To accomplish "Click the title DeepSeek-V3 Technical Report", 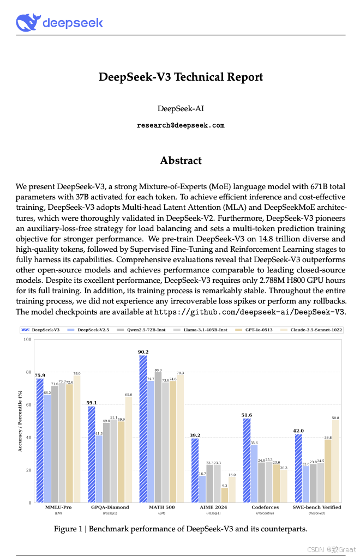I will [x=181, y=77].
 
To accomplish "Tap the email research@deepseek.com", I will [x=181, y=125].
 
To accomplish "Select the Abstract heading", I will [x=181, y=160].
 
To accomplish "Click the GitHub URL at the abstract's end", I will [x=250, y=312].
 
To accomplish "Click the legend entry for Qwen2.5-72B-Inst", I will [x=137, y=330].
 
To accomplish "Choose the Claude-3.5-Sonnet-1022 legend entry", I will [x=310, y=330].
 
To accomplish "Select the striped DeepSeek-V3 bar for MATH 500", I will [x=143, y=428].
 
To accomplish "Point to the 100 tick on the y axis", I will [x=27, y=340].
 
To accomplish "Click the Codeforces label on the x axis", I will [x=266, y=507].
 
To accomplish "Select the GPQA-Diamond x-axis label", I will [x=110, y=507].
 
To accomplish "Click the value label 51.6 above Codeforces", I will [x=247, y=415].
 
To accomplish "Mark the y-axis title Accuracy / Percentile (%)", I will [x=20, y=421].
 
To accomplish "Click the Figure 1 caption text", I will [x=181, y=529].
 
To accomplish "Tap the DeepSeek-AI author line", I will [x=181, y=109].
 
